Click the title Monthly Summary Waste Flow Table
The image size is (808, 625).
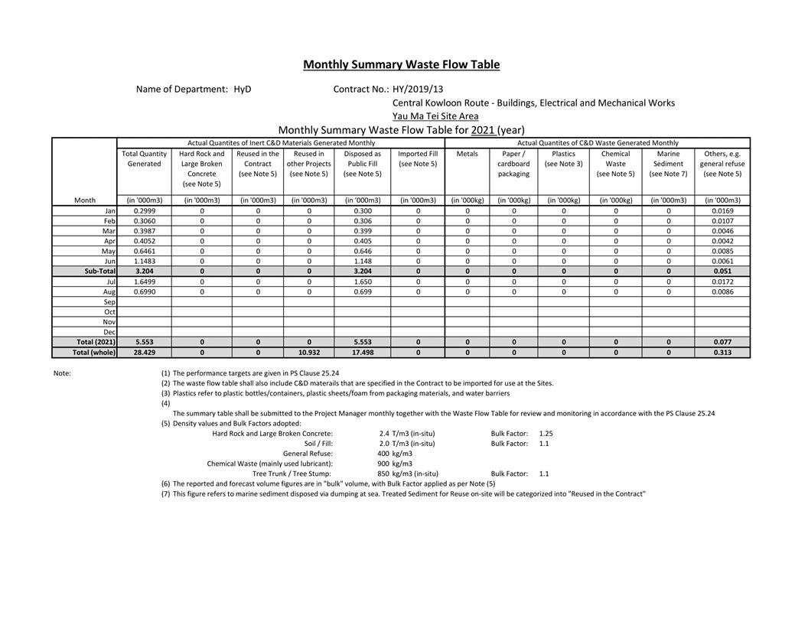click(401, 65)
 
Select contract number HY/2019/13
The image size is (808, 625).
click(418, 89)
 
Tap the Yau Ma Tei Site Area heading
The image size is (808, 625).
click(435, 116)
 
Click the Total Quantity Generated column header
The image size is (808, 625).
click(144, 159)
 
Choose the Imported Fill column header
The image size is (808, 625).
click(418, 159)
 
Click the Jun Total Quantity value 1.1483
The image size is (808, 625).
click(144, 261)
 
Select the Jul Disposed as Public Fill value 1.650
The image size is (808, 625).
click(362, 282)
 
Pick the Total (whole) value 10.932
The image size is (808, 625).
click(308, 353)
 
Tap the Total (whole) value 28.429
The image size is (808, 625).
click(144, 353)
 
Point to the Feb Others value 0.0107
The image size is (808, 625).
click(722, 221)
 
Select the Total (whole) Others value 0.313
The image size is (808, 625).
click(722, 353)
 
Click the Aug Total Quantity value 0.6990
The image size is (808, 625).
click(144, 291)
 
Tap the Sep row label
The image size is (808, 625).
click(109, 302)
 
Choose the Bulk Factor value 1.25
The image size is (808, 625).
click(546, 434)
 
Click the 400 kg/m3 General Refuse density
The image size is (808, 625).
click(395, 454)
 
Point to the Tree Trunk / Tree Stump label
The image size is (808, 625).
click(292, 474)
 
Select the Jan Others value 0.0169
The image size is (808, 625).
click(722, 210)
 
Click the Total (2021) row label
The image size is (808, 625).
click(96, 342)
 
